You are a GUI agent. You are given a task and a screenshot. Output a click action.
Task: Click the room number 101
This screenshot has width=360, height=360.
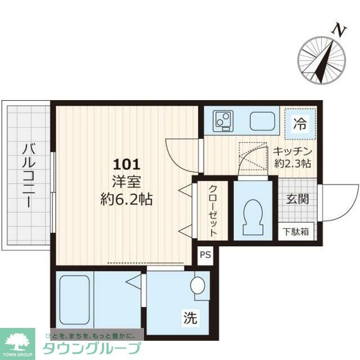tap(126, 165)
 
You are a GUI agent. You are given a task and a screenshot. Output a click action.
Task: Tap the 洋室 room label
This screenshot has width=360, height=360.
tap(126, 182)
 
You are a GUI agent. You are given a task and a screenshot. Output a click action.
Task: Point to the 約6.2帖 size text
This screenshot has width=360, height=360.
tap(126, 198)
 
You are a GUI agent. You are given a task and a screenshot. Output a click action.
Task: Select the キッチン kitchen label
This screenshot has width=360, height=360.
tap(292, 151)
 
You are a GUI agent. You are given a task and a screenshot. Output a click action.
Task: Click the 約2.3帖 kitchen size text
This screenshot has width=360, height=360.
tap(292, 164)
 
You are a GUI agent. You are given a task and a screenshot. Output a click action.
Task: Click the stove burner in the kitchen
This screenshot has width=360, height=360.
tap(223, 120)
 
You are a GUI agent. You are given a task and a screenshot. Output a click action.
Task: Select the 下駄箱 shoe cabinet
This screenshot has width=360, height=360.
tap(295, 231)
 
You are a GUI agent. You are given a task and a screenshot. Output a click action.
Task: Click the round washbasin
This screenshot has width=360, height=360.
tap(198, 286)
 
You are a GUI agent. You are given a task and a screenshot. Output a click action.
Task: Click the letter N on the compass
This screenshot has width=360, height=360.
tap(337, 31)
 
